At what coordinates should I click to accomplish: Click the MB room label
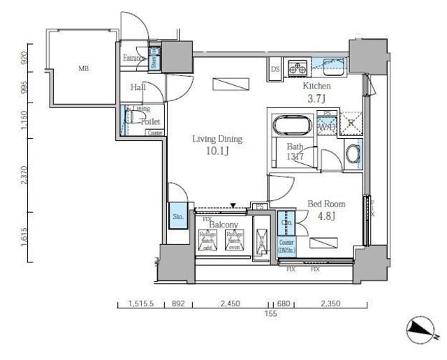[83, 68]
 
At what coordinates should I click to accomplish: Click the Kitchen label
[316, 86]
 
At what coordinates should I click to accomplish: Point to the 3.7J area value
[317, 98]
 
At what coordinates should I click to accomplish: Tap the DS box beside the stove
[275, 68]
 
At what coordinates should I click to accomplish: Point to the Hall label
[138, 87]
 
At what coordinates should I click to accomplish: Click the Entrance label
[135, 58]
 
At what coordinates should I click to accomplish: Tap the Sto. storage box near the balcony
[177, 216]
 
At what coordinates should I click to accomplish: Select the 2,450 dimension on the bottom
[229, 304]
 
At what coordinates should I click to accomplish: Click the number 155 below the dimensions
[271, 315]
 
